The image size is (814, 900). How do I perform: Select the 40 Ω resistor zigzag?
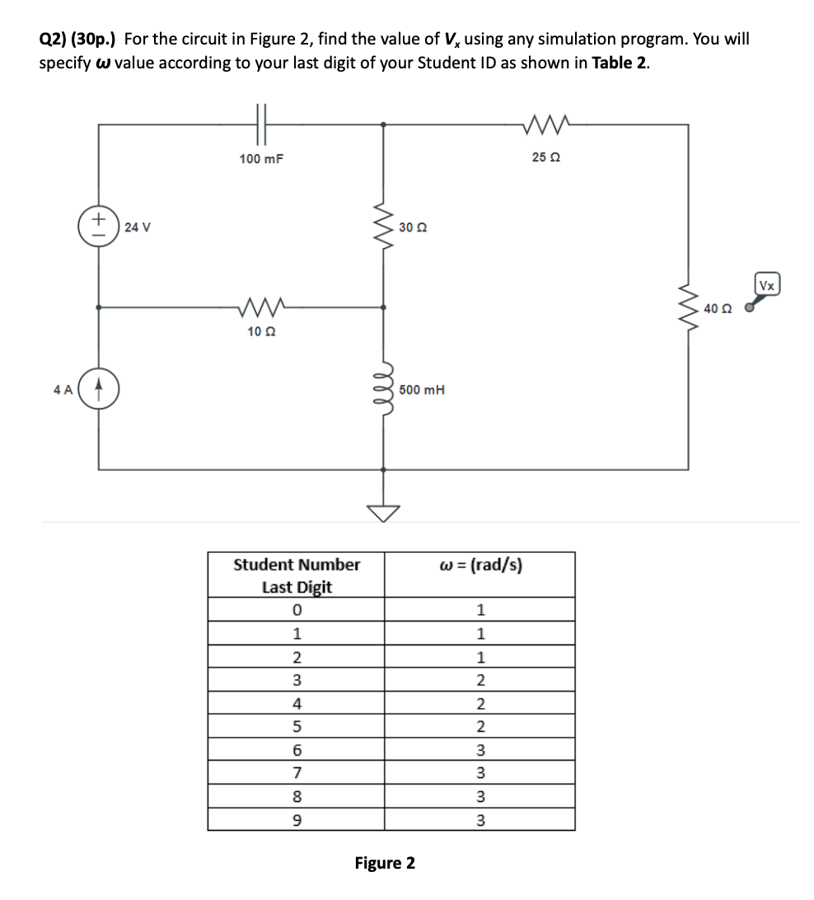(x=690, y=308)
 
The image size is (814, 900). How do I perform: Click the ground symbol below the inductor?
(x=382, y=512)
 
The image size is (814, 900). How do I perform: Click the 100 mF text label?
(x=261, y=158)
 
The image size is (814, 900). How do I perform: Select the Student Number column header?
(x=297, y=575)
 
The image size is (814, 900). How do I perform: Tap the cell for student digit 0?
(x=297, y=611)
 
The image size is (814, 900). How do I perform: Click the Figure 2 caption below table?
(x=385, y=863)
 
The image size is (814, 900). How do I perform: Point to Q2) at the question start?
(x=54, y=40)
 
